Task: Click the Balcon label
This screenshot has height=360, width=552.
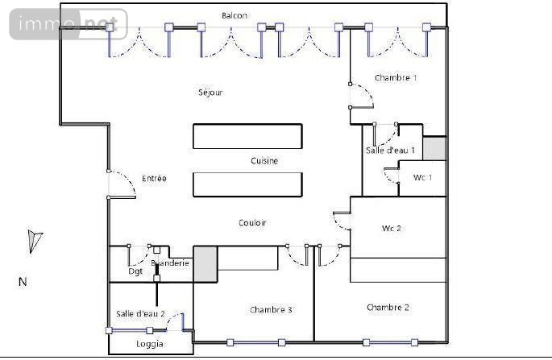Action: coord(234,15)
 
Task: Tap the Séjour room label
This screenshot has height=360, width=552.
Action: coord(210,93)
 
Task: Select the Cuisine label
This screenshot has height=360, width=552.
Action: coord(264,161)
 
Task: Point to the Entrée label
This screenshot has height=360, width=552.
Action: coord(154,178)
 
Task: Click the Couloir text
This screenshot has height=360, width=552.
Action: coord(252,223)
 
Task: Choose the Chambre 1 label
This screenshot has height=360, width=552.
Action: coord(396,78)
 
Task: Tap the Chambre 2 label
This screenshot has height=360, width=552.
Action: coord(388,308)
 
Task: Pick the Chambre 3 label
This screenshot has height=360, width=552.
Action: coord(271,310)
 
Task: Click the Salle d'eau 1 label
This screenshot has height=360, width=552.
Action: coord(390,150)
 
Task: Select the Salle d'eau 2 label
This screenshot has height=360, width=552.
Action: coord(140,314)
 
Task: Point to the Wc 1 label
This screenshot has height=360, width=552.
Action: coord(423,177)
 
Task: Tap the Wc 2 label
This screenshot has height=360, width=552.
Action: coord(392,228)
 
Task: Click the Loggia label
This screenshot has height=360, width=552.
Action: coord(150,344)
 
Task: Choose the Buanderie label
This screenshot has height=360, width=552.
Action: coord(170,263)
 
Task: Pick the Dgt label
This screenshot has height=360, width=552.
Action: coord(135,271)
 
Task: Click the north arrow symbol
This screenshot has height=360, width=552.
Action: coord(33,241)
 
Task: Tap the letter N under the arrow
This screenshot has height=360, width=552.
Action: coord(23,282)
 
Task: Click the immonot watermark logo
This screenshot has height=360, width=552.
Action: coord(68,24)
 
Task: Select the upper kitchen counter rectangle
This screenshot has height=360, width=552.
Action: coord(247,136)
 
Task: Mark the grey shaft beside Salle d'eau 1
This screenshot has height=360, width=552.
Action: coord(434,149)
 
